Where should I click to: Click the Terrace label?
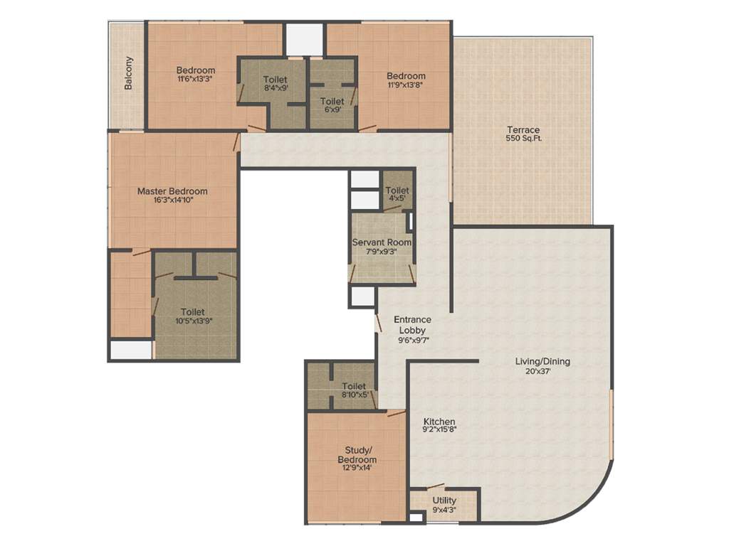(x=523, y=130)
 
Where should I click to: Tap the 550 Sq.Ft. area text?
(x=523, y=139)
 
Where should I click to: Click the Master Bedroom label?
(x=172, y=191)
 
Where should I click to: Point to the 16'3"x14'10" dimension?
(x=172, y=200)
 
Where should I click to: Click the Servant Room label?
(x=382, y=242)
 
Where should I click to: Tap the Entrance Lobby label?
(x=414, y=325)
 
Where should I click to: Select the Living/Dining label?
(x=542, y=361)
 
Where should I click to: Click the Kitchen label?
(x=439, y=422)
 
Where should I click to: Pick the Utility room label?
(x=444, y=500)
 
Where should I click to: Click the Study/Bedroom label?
(x=357, y=454)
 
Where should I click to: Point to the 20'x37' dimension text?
(x=542, y=371)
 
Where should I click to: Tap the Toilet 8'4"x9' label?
(x=275, y=79)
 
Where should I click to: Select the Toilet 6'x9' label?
(x=332, y=102)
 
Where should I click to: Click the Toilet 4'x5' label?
(x=397, y=191)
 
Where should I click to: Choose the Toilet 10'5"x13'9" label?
(x=192, y=311)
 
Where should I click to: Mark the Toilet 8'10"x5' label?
(x=354, y=386)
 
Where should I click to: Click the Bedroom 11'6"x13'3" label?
(x=196, y=70)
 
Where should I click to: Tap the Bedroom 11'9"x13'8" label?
(x=406, y=76)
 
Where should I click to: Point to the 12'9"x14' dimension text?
(x=357, y=469)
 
